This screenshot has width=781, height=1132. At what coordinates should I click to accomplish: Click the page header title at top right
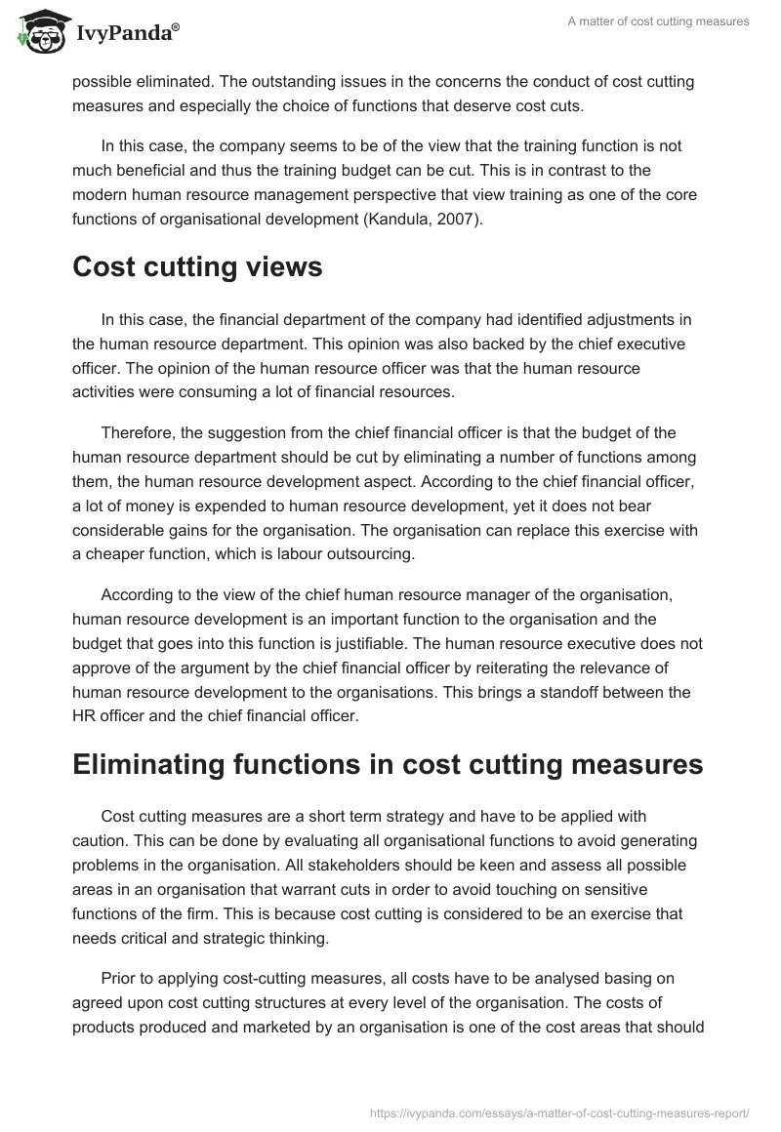tap(659, 22)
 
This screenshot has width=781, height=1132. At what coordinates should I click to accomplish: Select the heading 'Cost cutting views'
tap(197, 266)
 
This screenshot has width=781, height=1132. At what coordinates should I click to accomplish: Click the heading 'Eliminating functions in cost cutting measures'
tap(388, 765)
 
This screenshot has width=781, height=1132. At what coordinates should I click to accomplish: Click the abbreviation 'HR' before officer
tap(86, 716)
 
